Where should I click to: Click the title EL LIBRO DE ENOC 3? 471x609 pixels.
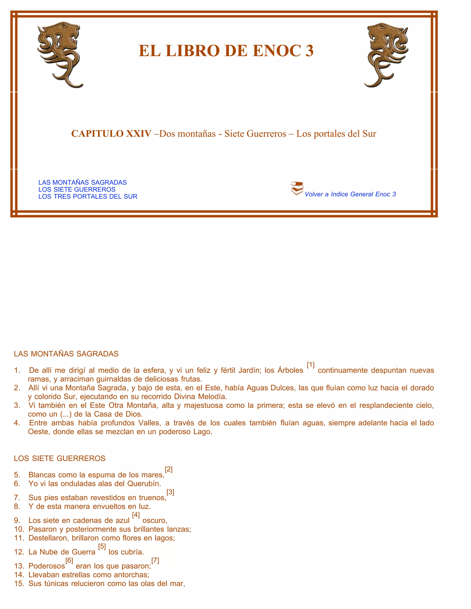[226, 51]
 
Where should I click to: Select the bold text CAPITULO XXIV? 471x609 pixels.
[111, 134]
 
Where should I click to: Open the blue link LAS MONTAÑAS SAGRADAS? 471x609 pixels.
[83, 182]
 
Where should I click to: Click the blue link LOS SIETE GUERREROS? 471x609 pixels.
[77, 189]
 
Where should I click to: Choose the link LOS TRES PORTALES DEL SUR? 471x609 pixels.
[88, 196]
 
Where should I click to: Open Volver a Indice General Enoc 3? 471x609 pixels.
[350, 194]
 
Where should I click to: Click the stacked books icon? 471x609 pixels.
[297, 188]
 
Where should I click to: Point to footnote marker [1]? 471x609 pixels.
[310, 365]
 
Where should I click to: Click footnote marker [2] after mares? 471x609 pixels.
[169, 469]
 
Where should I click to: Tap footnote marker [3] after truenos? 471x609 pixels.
[170, 492]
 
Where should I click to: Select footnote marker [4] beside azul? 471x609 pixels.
[136, 515]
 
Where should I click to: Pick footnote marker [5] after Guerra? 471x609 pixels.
[102, 546]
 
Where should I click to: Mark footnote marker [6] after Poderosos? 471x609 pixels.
[69, 560]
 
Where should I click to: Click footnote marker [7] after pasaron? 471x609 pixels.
[155, 560]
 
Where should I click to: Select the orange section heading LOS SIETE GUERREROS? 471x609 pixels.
[60, 458]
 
